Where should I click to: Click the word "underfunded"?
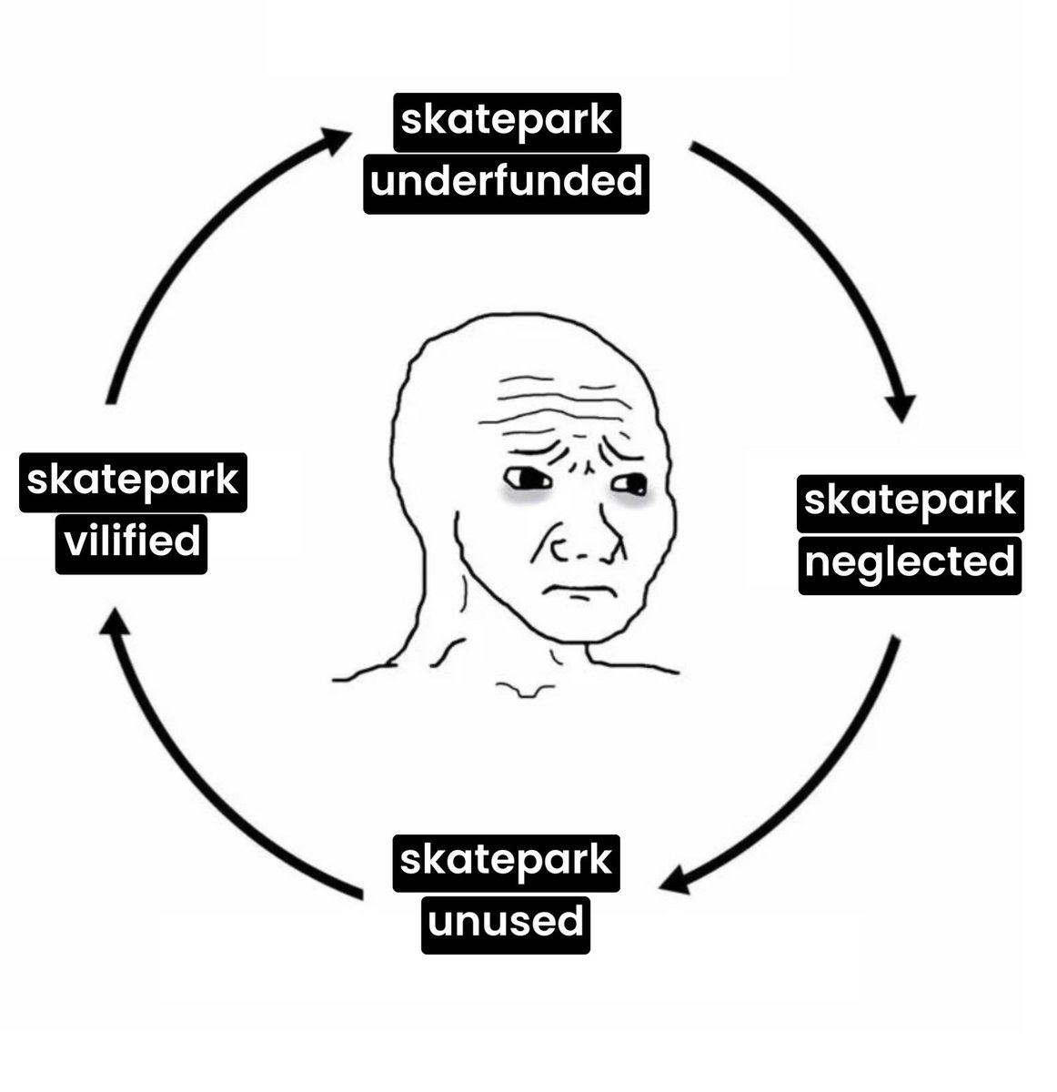pyautogui.click(x=506, y=183)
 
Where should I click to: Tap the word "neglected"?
pyautogui.click(x=909, y=563)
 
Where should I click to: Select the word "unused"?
pyautogui.click(x=506, y=922)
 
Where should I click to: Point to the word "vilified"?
pyautogui.click(x=132, y=542)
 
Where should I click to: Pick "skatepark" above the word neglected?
pyautogui.click(x=909, y=502)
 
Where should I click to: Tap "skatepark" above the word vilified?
pyautogui.click(x=132, y=481)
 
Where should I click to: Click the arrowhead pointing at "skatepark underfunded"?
pyautogui.click(x=335, y=139)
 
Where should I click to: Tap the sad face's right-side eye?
pyautogui.click(x=629, y=483)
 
